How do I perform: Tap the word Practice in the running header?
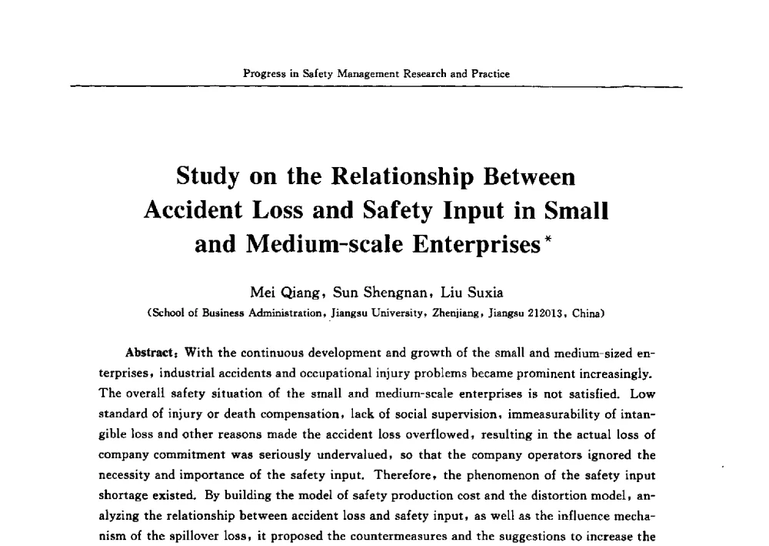click(x=490, y=74)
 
